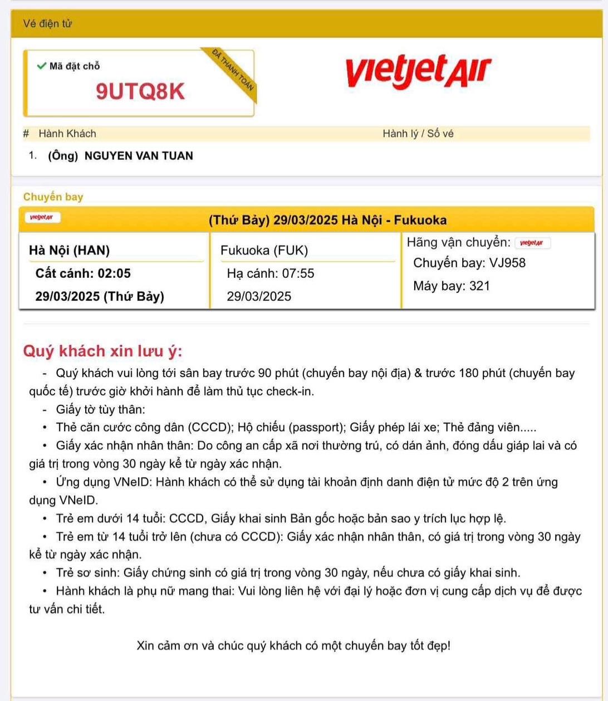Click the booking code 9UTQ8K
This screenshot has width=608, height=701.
[x=140, y=91]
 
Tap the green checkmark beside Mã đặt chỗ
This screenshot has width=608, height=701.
[x=41, y=66]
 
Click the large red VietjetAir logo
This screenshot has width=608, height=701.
[x=418, y=71]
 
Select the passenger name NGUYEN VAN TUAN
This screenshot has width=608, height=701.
[x=139, y=156]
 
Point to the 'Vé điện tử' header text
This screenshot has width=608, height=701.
[x=47, y=24]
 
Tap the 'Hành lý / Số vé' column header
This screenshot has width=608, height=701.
[x=418, y=134]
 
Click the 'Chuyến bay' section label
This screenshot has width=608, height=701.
[x=53, y=197]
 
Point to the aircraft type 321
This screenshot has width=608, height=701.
[x=479, y=286]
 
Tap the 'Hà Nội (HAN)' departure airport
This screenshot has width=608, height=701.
[x=69, y=251]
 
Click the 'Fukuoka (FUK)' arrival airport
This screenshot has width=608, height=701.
[x=264, y=251]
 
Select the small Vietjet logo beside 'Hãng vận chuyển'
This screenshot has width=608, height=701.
[x=532, y=243]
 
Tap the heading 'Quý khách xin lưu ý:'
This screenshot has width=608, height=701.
[x=102, y=351]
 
